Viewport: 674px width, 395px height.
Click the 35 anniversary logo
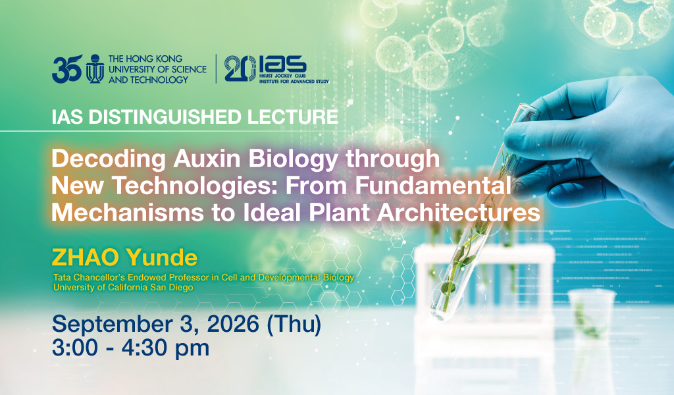(67, 68)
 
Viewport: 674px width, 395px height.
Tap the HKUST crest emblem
(95, 68)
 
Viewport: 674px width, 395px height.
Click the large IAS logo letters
(283, 65)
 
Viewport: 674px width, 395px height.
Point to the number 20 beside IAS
(240, 68)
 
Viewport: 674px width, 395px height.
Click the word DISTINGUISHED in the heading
(165, 117)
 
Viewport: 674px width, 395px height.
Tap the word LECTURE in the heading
(293, 117)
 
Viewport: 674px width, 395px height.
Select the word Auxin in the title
(207, 159)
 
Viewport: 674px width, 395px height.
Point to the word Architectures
(455, 213)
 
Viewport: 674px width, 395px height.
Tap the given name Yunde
(162, 257)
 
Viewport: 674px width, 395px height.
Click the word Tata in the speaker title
(61, 278)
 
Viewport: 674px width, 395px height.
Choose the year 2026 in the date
(233, 324)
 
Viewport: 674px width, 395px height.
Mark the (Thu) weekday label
(294, 325)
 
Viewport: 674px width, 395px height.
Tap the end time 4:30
(146, 348)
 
